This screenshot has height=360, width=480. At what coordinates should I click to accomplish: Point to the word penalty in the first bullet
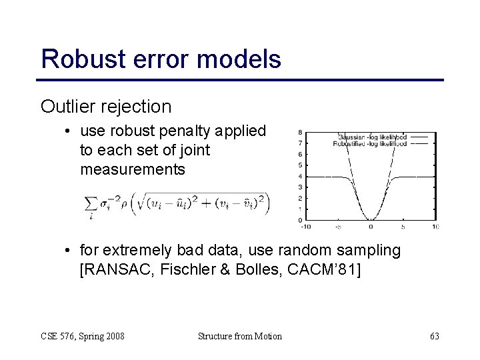200,132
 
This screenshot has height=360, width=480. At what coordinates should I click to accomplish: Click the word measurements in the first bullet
133,169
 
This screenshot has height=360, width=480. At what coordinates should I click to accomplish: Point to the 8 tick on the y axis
301,132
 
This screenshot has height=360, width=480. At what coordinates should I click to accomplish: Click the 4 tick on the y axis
301,177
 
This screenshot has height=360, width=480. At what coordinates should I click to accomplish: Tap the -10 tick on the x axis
304,227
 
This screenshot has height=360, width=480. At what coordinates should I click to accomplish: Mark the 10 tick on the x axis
435,227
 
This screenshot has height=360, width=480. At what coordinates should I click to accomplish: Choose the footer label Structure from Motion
240,336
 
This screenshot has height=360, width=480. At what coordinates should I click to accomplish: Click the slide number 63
434,336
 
